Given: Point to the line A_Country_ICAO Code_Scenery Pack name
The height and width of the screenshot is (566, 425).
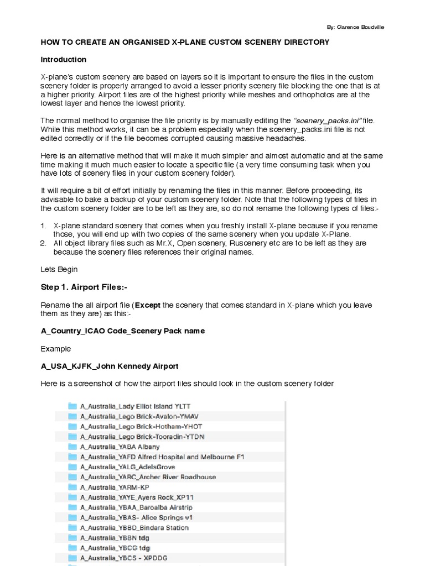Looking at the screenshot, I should [123, 331].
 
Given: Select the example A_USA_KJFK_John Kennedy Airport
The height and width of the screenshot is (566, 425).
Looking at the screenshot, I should [110, 366].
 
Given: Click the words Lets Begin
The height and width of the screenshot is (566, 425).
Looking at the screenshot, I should [59, 269].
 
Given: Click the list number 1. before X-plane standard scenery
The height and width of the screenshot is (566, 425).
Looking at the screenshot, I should [44, 226].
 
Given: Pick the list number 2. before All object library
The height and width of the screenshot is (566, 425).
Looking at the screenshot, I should [44, 243].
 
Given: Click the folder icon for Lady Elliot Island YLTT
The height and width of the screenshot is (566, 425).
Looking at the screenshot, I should [72, 406].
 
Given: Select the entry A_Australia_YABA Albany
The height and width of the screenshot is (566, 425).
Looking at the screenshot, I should [120, 447].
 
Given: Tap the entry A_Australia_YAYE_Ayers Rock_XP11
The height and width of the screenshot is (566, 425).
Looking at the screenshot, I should [137, 497].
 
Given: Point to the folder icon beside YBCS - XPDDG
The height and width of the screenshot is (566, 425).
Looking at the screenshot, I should [72, 558].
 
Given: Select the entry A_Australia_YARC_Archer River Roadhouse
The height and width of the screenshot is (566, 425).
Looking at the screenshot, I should [148, 477].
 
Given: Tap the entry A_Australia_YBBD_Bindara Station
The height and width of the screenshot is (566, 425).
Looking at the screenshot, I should [134, 528].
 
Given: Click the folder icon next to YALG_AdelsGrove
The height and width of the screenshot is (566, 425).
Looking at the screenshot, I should [72, 467].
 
